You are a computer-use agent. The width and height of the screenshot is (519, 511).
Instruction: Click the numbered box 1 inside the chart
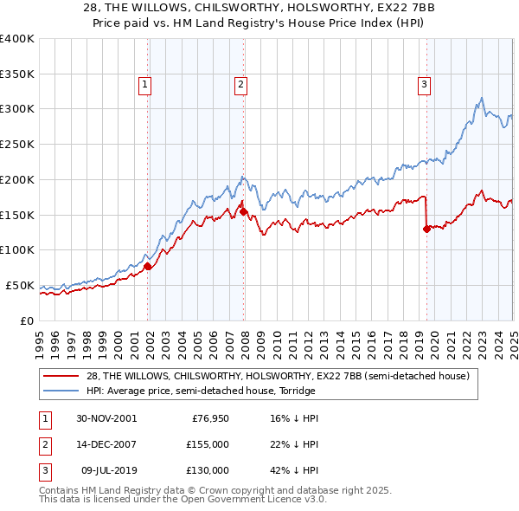pos(144,84)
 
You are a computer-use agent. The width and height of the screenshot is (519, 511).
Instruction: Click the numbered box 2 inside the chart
pos(240,84)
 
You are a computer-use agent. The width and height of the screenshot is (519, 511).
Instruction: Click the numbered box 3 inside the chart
pos(425,84)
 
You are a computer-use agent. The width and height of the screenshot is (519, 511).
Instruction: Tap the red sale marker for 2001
pos(148,266)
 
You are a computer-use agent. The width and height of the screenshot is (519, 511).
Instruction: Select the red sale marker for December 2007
pos(244,210)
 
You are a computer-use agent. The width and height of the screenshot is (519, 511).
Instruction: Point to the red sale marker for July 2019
pos(426,229)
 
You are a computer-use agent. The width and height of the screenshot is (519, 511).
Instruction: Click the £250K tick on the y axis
pos(18,145)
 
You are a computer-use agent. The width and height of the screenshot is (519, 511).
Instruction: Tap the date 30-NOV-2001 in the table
pos(106,418)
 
